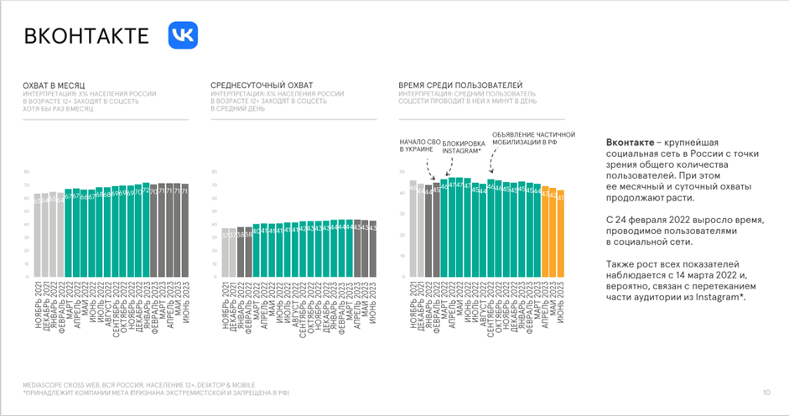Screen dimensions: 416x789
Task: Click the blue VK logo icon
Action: point(182,35)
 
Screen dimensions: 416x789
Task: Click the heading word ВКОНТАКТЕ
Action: point(86,36)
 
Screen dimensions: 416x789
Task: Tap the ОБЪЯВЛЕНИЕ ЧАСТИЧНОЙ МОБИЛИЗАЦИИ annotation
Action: point(532,138)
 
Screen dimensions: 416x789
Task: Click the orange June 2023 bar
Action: point(560,235)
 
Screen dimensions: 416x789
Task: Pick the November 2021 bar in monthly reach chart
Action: point(37,236)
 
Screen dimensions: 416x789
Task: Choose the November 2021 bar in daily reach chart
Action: point(225,252)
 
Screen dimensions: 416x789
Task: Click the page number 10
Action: point(766,392)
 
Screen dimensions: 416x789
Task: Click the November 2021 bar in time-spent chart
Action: point(413,228)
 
